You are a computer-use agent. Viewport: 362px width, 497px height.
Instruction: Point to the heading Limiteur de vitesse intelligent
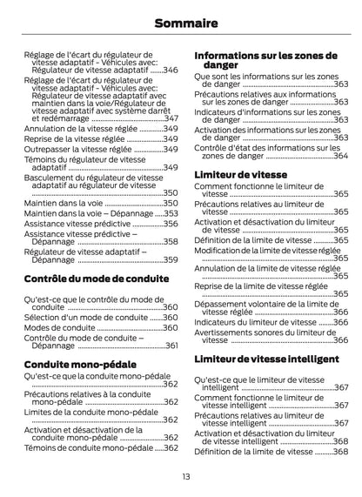coord(265,358)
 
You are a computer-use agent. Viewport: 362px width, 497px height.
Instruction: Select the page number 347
coord(171,118)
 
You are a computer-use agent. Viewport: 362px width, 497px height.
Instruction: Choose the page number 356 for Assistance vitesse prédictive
coord(171,223)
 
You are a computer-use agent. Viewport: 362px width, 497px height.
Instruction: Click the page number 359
coord(171,259)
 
